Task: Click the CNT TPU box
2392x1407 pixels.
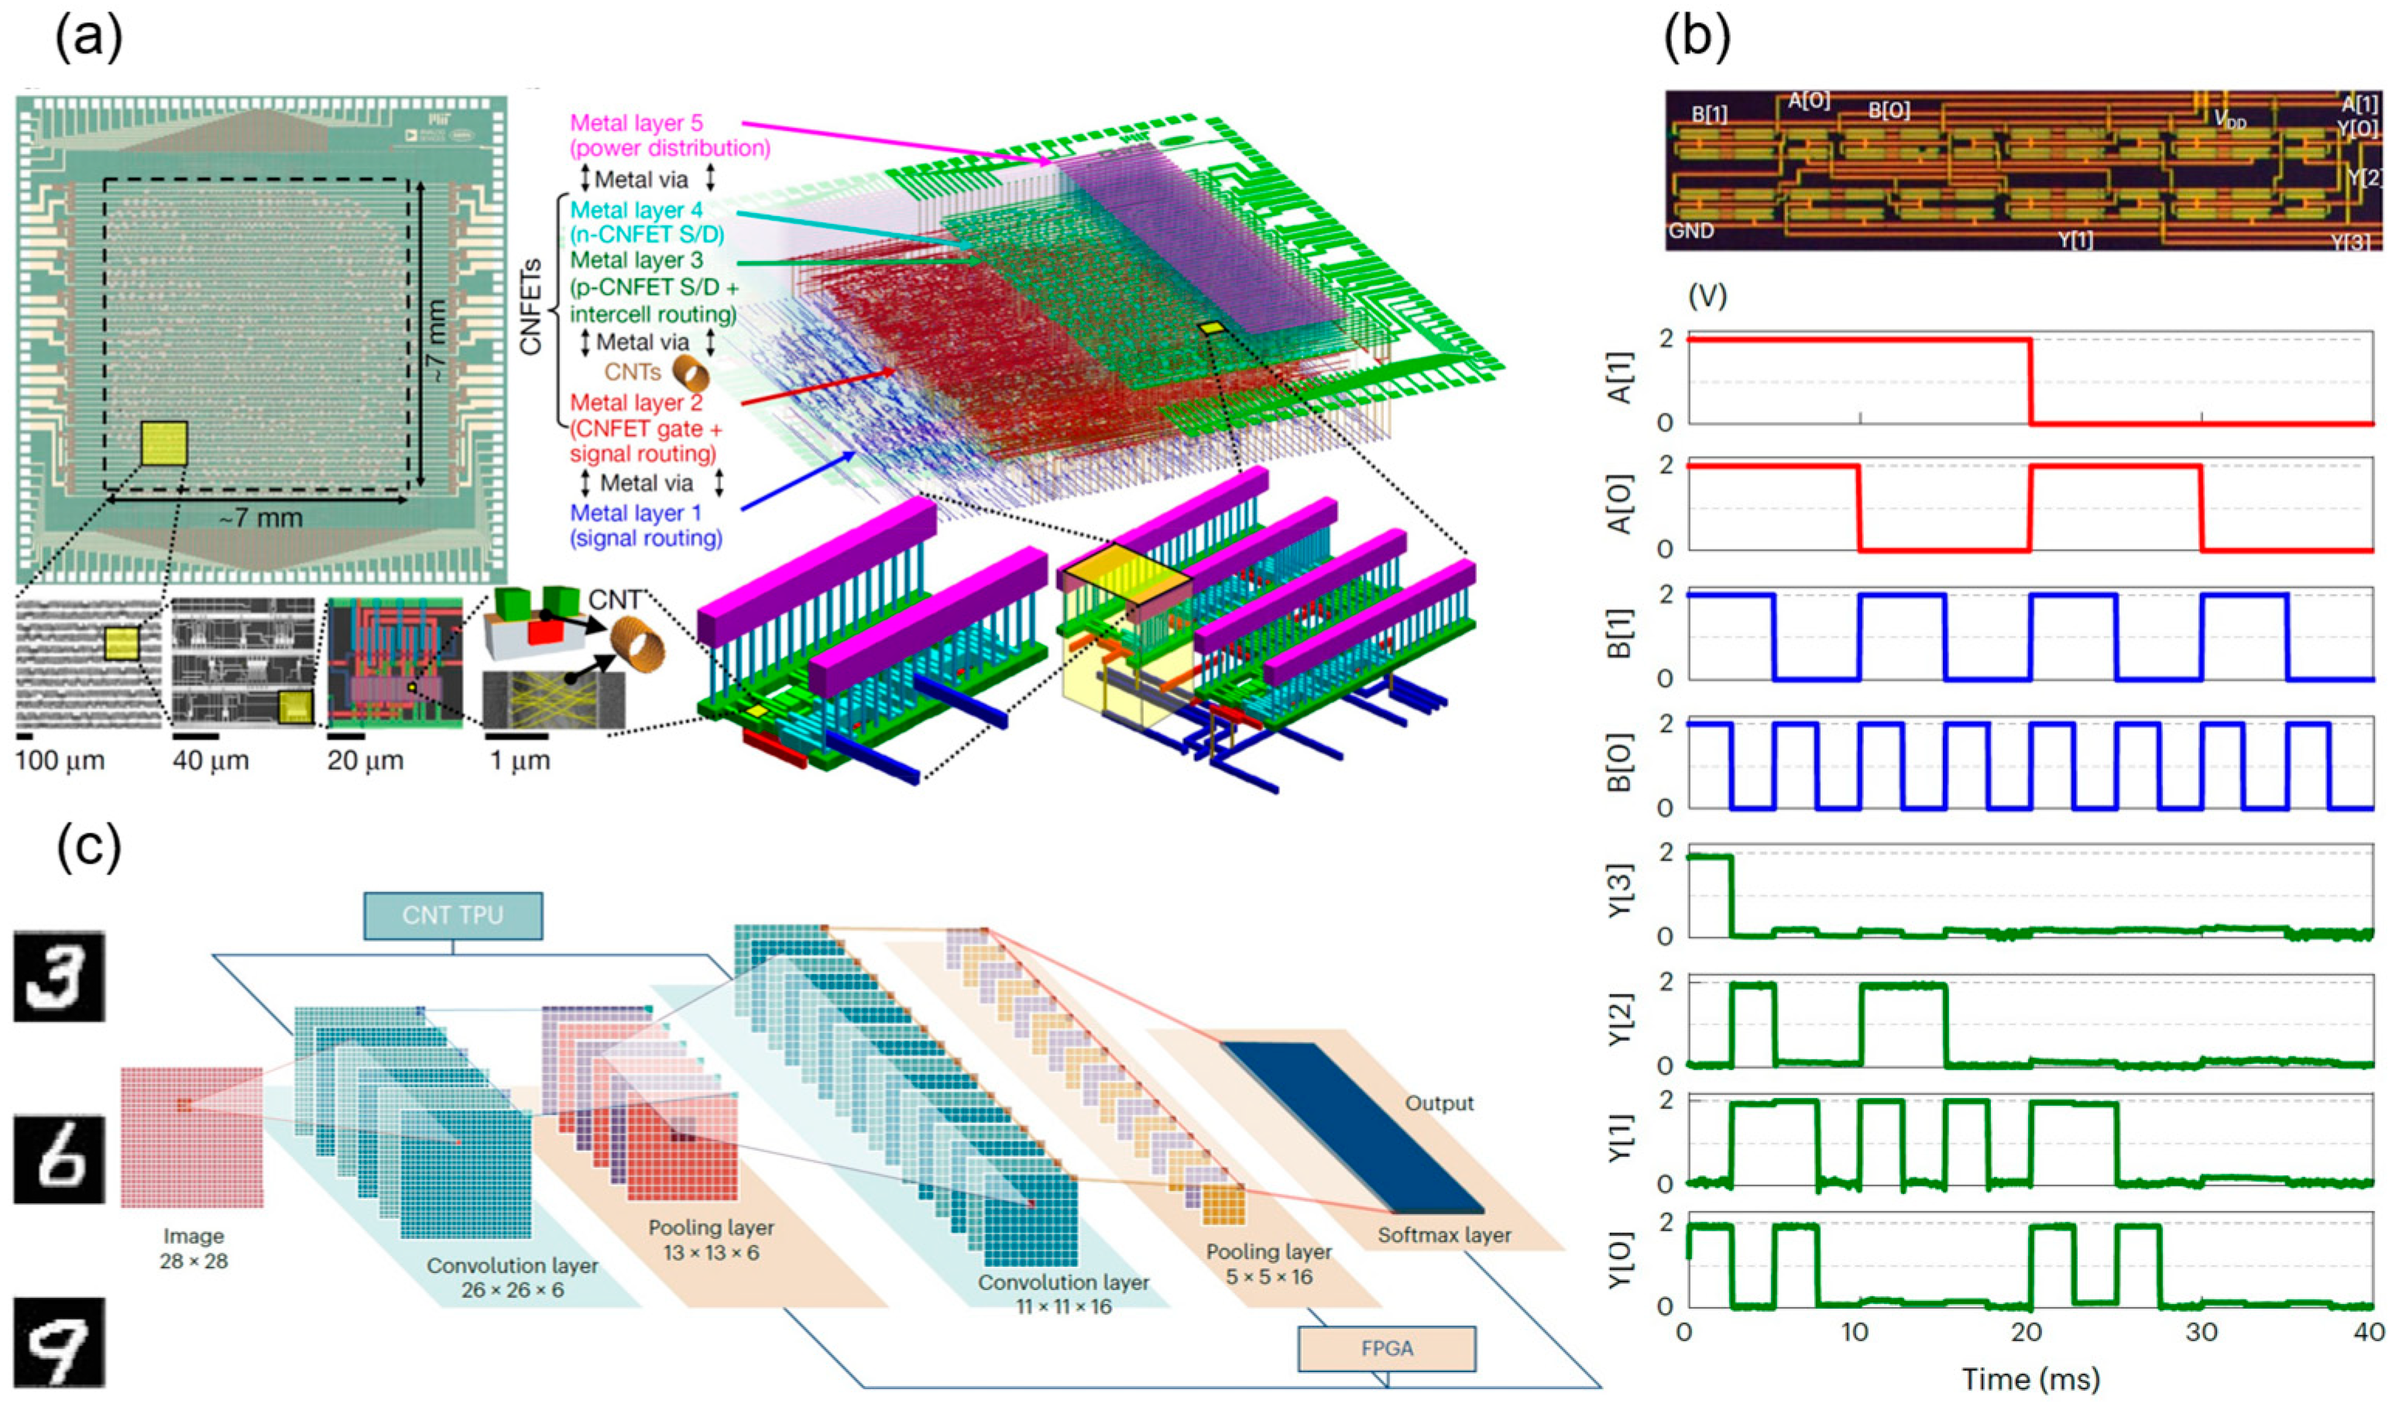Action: [x=453, y=916]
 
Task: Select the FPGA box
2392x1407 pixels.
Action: [x=1386, y=1348]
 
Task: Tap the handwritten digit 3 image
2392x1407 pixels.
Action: [x=59, y=976]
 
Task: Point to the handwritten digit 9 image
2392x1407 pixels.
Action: [x=59, y=1341]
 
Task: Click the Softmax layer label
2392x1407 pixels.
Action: [x=1443, y=1235]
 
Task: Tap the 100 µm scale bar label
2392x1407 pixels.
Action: [x=60, y=760]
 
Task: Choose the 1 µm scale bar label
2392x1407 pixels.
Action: [x=517, y=760]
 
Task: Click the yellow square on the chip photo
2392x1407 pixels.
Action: [x=163, y=444]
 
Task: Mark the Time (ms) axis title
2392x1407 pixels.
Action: [x=2030, y=1378]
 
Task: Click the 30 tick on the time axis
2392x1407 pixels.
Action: [x=2202, y=1332]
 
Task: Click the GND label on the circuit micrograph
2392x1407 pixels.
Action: [x=1691, y=231]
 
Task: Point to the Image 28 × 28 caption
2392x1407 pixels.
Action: [x=194, y=1248]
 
